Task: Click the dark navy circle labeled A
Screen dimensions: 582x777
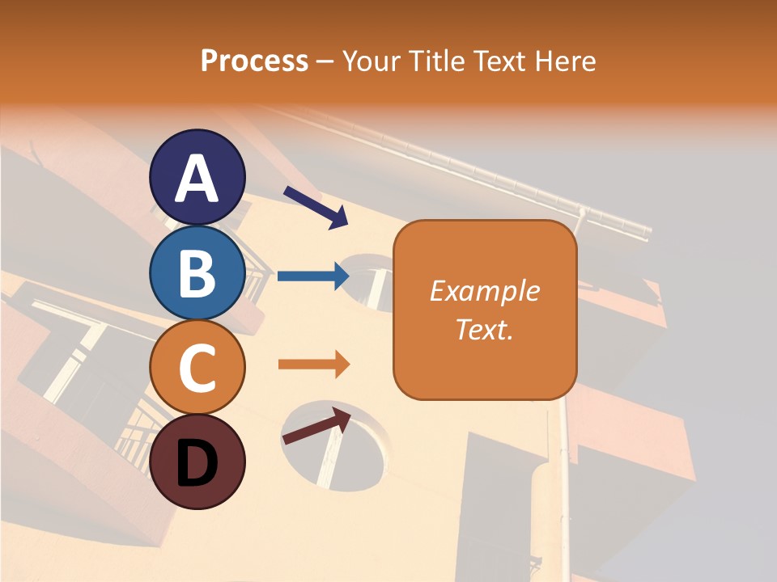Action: coord(197,177)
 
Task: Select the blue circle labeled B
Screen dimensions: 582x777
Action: coord(197,272)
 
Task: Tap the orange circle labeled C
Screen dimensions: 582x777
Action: coord(197,367)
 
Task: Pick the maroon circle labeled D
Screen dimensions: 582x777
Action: coord(197,462)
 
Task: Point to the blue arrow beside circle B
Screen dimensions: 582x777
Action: coord(313,276)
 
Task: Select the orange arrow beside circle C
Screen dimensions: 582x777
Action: coord(313,365)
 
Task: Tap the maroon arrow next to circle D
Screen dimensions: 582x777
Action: coord(316,426)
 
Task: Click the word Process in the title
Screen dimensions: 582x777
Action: coord(254,61)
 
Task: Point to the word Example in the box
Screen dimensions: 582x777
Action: coord(485,291)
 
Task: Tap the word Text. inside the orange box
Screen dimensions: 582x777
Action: coord(485,329)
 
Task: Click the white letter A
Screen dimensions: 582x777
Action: coord(197,179)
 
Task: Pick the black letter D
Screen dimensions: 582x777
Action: coord(197,464)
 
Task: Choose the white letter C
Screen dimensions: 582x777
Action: coord(197,369)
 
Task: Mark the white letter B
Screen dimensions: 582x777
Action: coord(197,274)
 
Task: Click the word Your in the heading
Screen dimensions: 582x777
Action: coord(371,61)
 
